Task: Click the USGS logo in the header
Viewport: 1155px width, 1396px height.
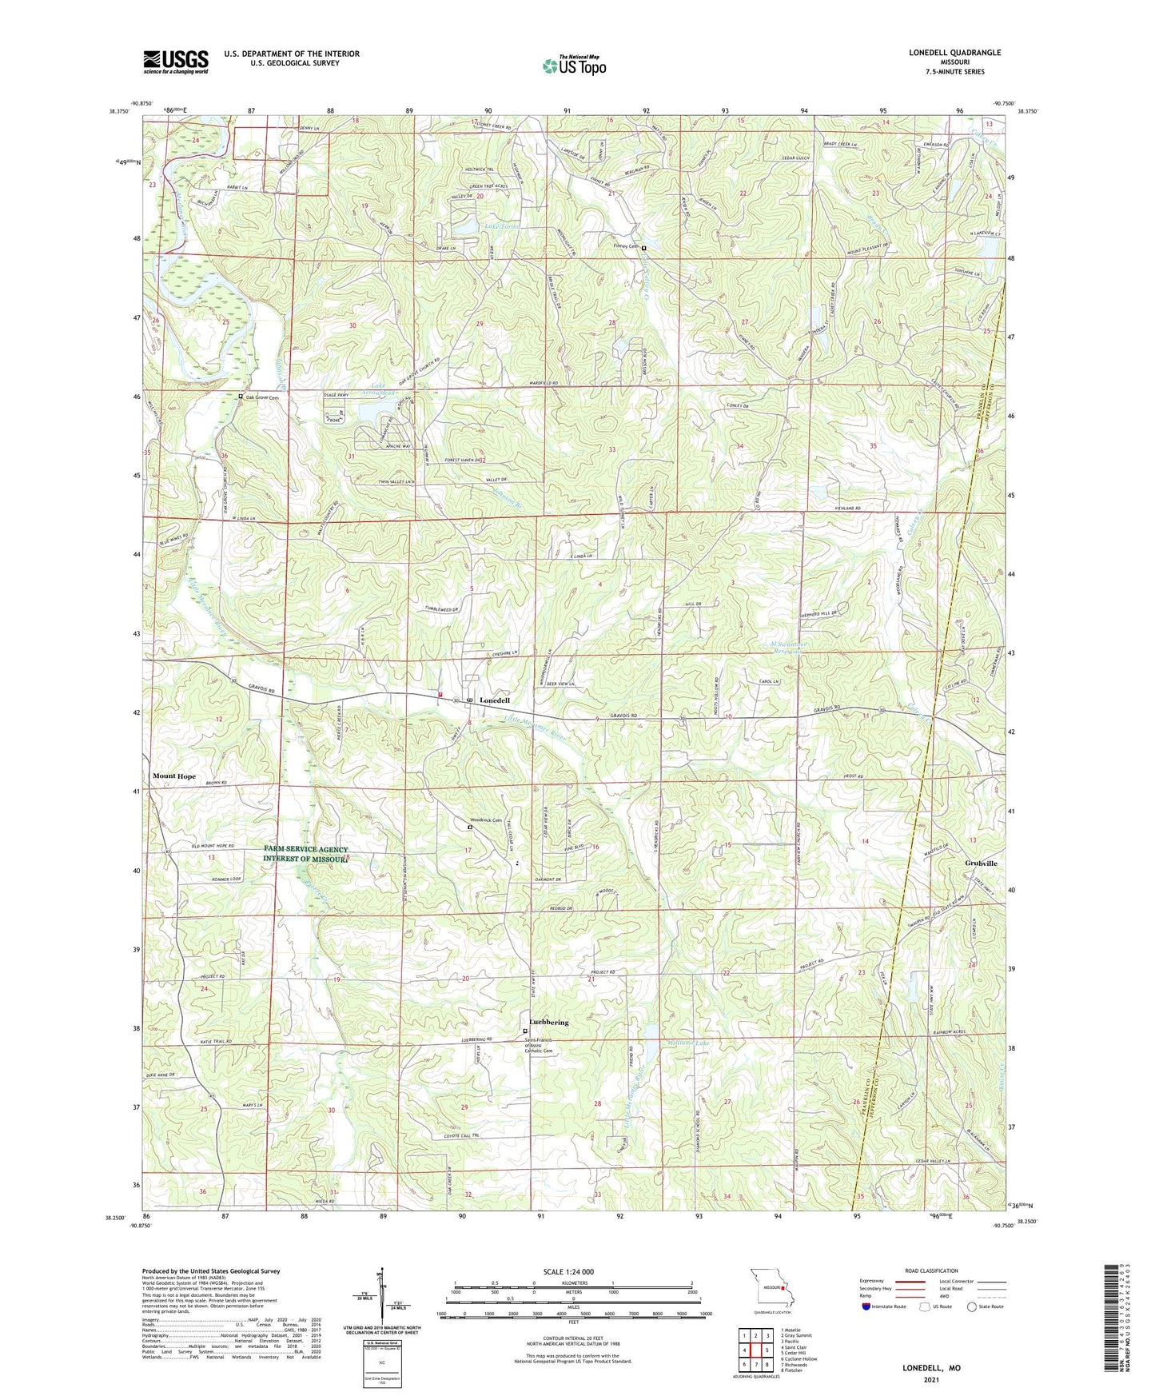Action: click(x=176, y=61)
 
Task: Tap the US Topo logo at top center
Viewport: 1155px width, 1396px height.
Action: click(x=574, y=66)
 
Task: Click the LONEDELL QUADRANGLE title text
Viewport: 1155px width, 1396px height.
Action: click(x=954, y=53)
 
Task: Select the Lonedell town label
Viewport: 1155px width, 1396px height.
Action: click(x=494, y=700)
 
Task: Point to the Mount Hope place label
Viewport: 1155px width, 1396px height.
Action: click(x=174, y=776)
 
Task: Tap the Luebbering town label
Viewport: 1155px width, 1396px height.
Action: click(x=548, y=1023)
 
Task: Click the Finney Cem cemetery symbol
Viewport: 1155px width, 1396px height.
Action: click(x=643, y=247)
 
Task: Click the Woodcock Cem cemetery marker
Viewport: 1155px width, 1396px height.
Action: click(x=470, y=828)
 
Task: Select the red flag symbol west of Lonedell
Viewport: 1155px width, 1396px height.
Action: click(x=440, y=695)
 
